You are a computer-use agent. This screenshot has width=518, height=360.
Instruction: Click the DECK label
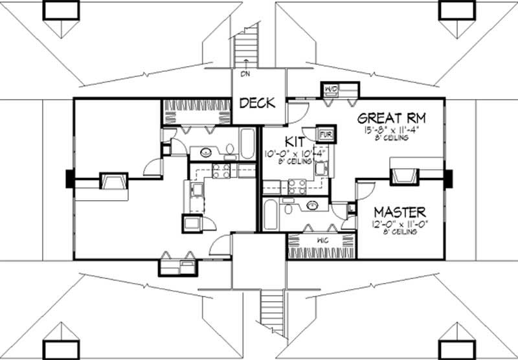(258, 103)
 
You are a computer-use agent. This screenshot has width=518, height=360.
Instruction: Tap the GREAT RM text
(388, 118)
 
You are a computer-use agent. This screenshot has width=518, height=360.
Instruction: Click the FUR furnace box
(324, 134)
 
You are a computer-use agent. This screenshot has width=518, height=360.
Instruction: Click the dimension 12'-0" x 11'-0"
(401, 223)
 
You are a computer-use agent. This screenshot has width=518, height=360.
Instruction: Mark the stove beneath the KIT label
(296, 186)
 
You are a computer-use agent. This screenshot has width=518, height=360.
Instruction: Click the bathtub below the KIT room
(272, 213)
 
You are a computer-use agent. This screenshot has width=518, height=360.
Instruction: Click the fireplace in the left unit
(112, 181)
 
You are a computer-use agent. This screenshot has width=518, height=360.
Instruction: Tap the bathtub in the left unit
(248, 144)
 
